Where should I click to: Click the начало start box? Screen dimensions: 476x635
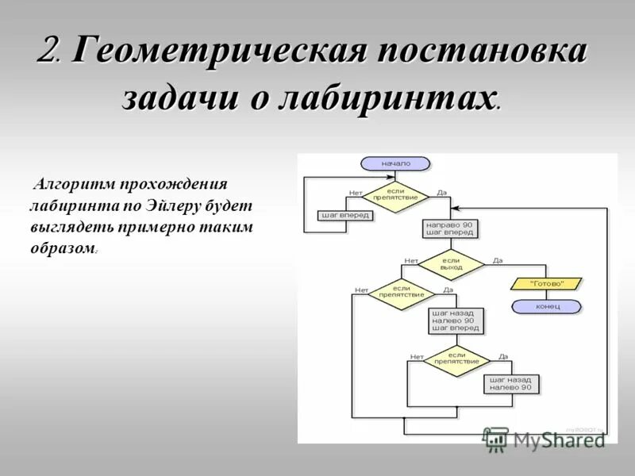click(395, 163)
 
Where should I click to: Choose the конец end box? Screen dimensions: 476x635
click(547, 306)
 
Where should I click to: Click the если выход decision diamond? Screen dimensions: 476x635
click(451, 265)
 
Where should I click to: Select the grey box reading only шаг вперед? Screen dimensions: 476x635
click(344, 215)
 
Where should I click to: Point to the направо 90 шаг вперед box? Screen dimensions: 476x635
click(450, 229)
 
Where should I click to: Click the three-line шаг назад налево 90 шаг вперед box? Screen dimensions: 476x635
click(456, 321)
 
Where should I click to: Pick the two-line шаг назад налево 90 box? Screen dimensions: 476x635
click(512, 384)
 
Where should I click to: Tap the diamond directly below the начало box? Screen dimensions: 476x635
click(395, 196)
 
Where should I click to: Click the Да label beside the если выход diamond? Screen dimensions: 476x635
click(498, 261)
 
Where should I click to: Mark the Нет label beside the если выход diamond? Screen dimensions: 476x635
click(410, 261)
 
